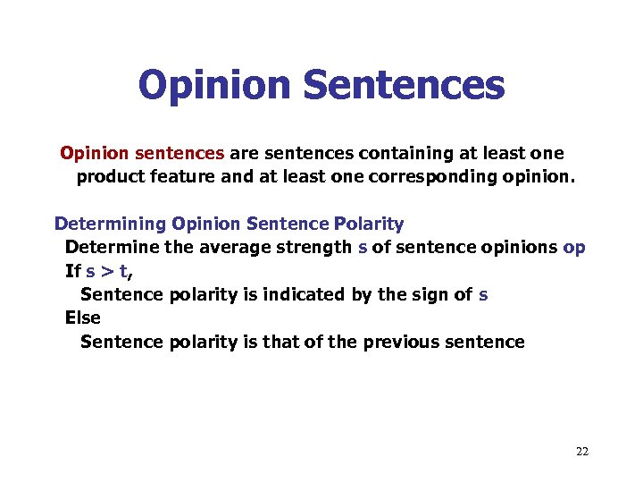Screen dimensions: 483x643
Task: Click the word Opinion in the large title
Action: (x=215, y=86)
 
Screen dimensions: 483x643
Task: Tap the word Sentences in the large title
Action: (x=404, y=86)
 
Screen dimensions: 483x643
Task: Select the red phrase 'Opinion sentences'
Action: (x=142, y=153)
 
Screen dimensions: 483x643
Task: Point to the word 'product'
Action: (x=109, y=177)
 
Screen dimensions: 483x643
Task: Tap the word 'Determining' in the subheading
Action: (x=110, y=223)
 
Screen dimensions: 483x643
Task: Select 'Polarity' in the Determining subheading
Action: (x=369, y=223)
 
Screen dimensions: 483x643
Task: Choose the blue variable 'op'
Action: (x=575, y=247)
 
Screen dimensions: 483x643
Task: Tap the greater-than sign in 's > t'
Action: (x=104, y=271)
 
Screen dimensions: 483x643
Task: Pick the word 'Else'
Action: (x=82, y=318)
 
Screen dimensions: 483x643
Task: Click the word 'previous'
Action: (x=401, y=342)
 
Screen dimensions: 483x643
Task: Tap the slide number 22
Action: (x=582, y=452)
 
